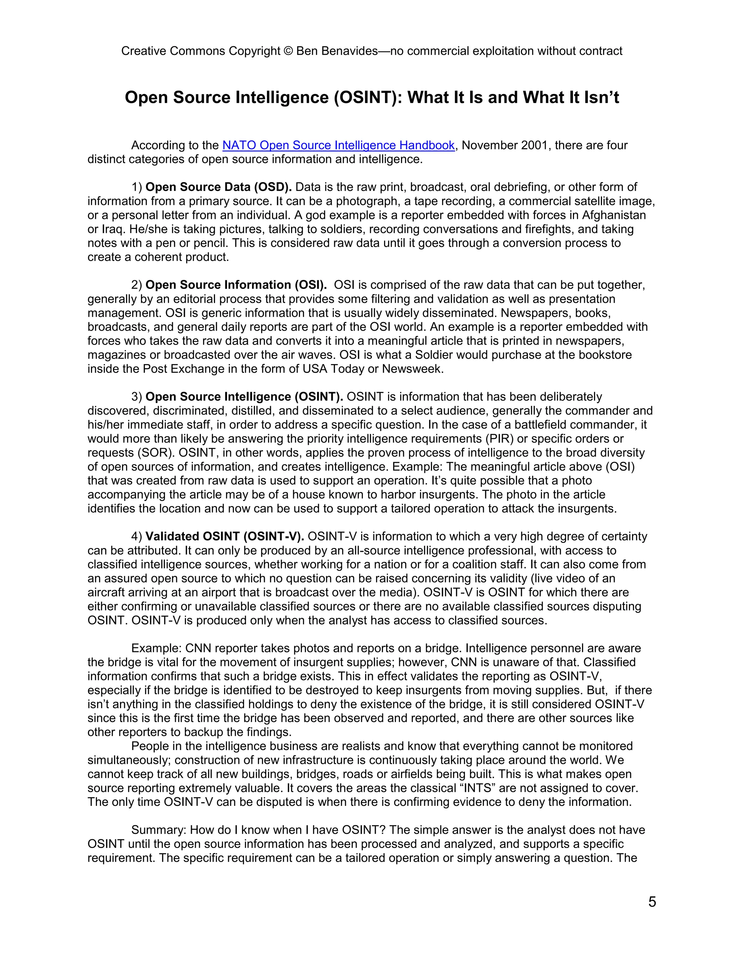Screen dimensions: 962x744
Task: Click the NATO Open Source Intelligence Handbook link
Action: (338, 145)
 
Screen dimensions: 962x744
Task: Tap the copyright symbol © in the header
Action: (288, 51)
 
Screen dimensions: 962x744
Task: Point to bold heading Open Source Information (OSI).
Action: (236, 285)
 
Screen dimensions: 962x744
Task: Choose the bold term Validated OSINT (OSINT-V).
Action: (225, 537)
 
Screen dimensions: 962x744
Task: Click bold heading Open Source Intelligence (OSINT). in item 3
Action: (244, 397)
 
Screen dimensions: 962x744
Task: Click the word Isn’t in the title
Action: (601, 97)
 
